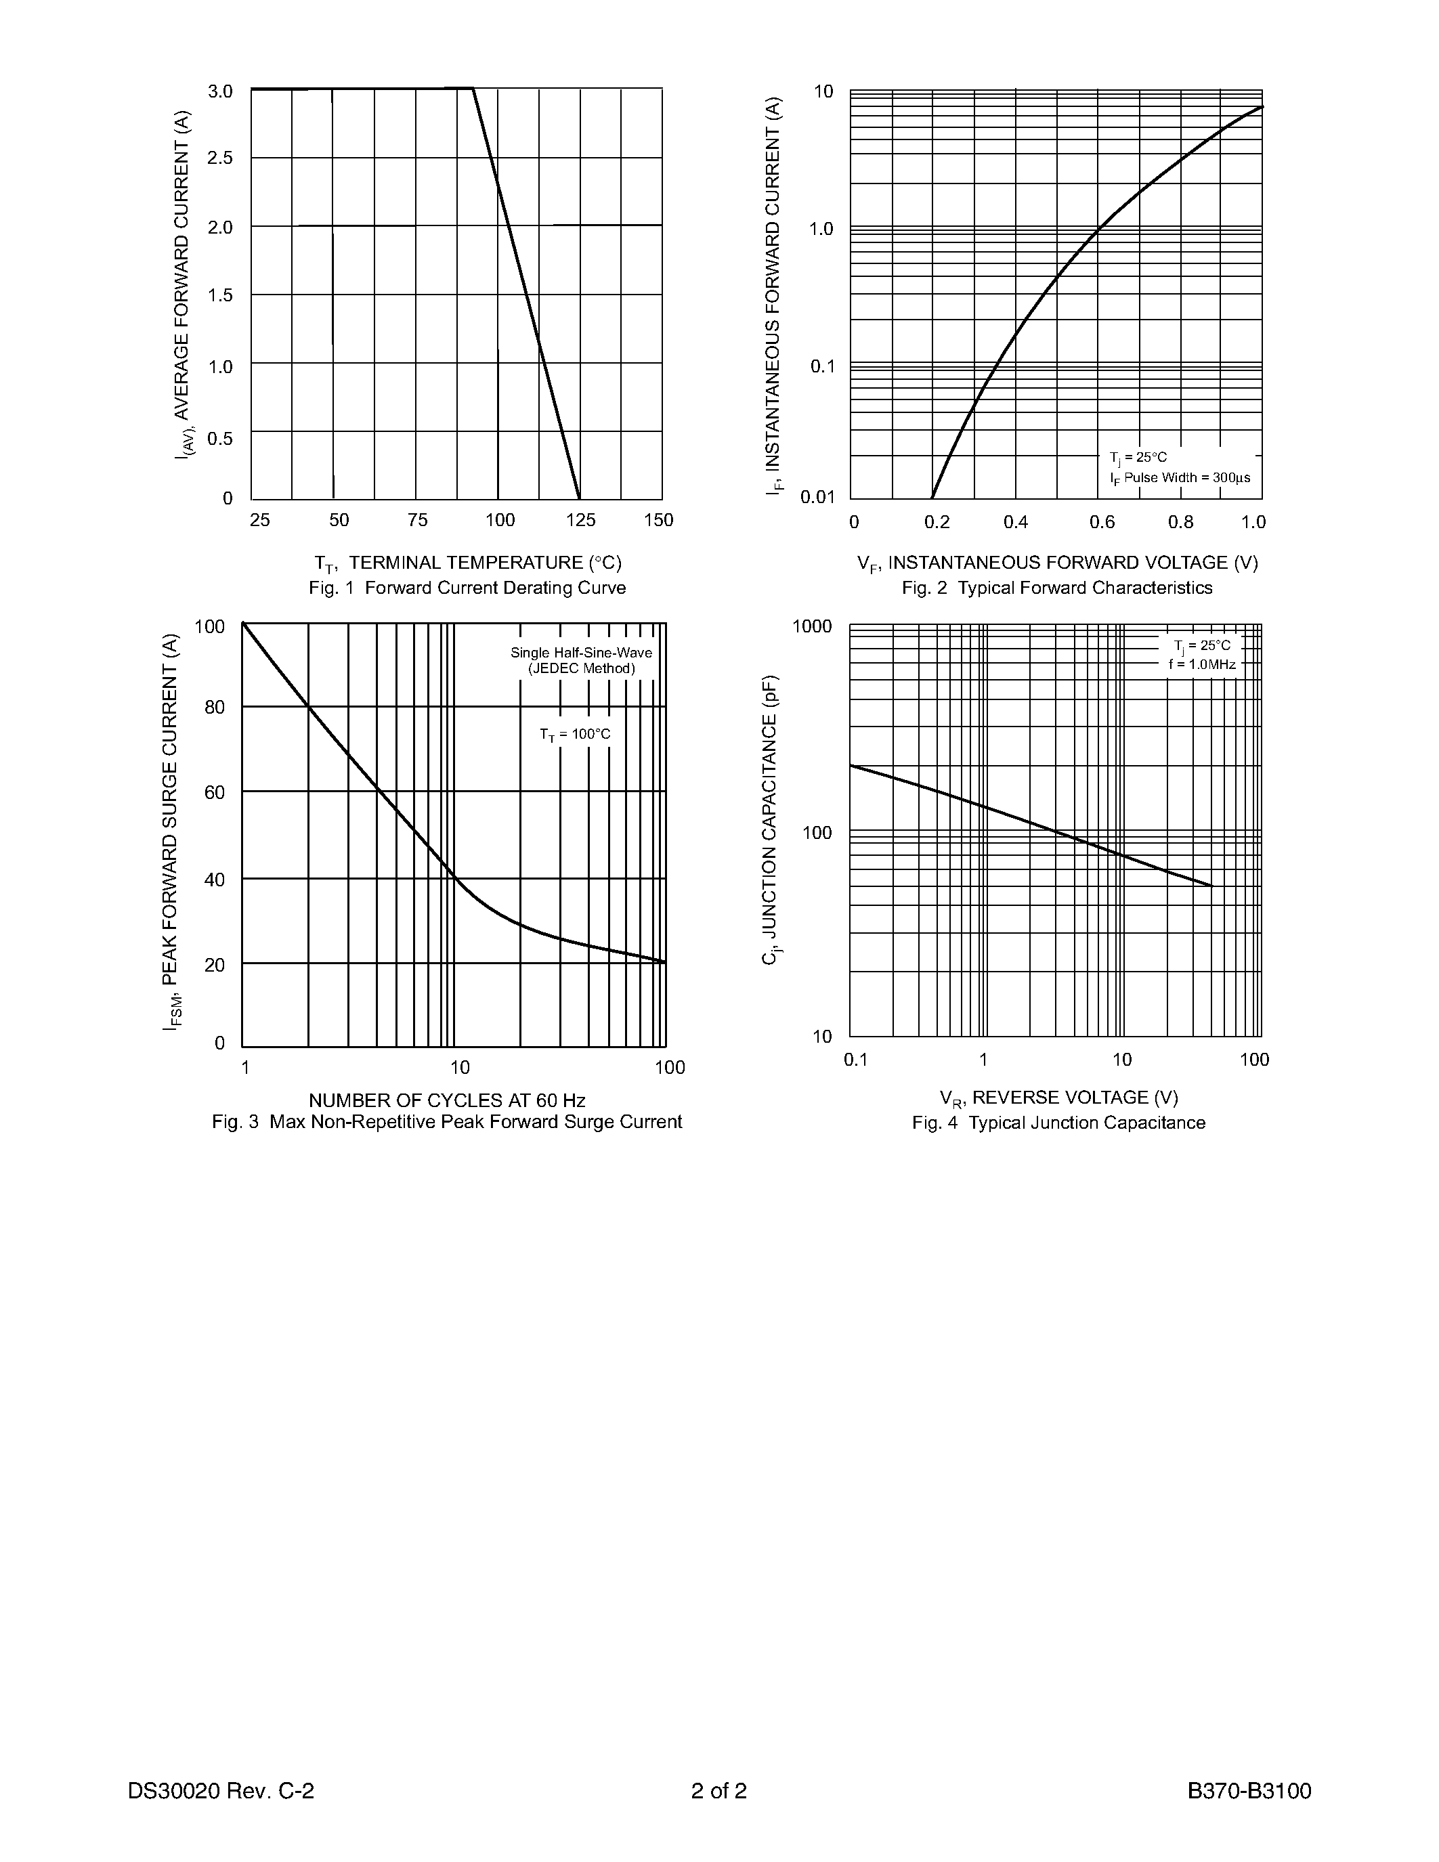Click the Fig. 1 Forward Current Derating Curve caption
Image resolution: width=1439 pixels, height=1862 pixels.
(467, 588)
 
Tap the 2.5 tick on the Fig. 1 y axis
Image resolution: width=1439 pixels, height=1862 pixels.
(221, 158)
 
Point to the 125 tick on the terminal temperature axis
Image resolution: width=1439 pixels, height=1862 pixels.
(580, 520)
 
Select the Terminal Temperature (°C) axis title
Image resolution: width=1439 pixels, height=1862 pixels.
(468, 563)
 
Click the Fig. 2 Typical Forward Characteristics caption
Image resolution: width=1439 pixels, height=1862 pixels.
(1057, 588)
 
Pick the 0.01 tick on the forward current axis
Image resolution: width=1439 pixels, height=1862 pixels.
(817, 497)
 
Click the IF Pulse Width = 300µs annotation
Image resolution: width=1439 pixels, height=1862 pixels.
(1180, 477)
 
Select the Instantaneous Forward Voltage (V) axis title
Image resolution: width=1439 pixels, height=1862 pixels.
(1057, 563)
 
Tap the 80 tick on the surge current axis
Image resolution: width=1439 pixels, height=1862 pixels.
(215, 707)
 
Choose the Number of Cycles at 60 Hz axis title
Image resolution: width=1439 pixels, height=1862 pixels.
(447, 1100)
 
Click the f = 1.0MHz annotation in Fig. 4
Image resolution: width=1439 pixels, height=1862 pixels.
(1202, 664)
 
